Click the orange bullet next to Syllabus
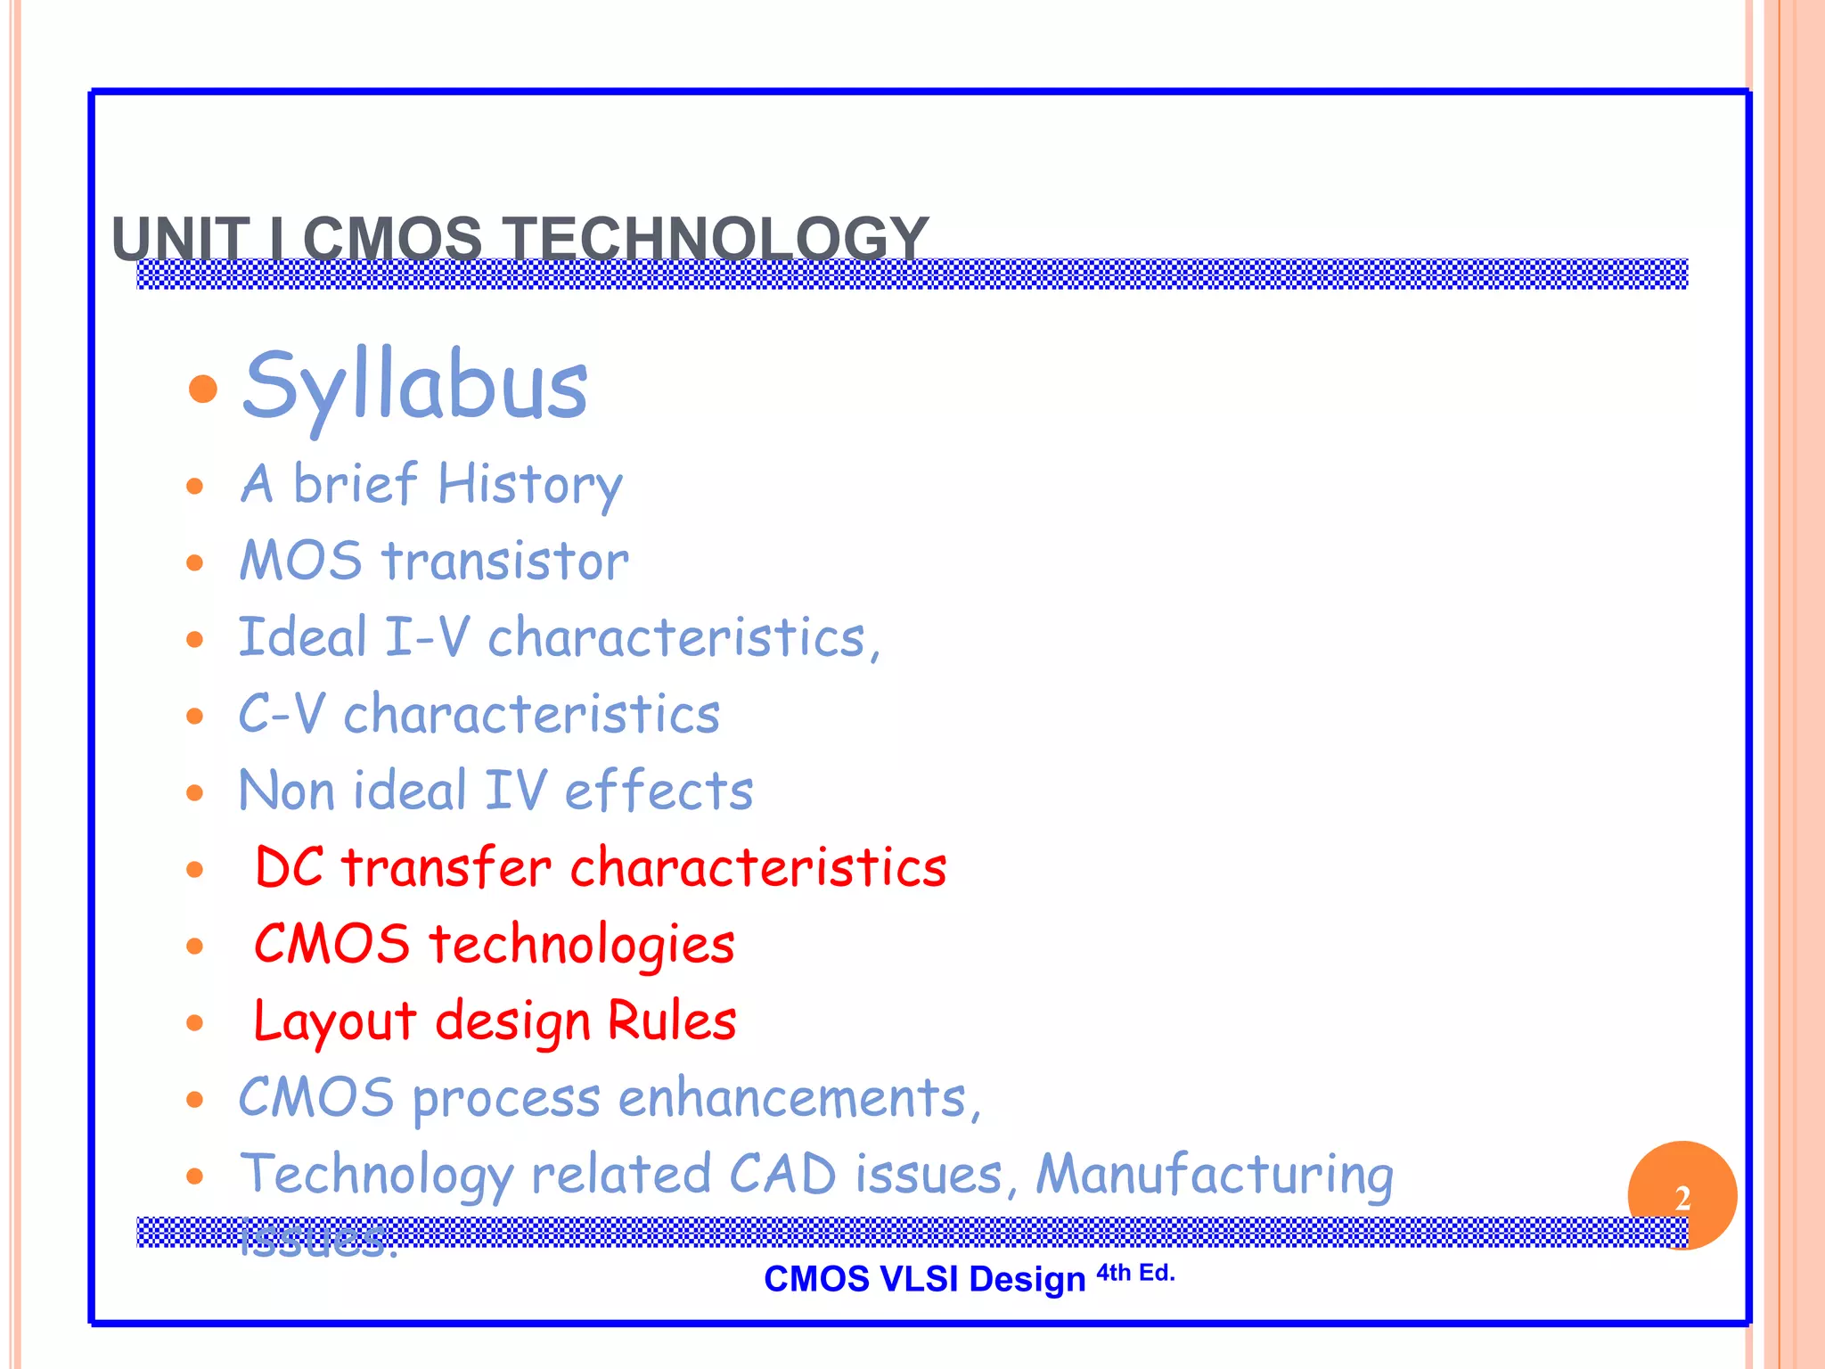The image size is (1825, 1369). tap(204, 389)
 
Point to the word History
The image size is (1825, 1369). tap(529, 486)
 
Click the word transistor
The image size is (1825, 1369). tap(505, 562)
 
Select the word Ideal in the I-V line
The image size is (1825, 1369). tap(303, 637)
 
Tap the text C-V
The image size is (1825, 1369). tap(282, 714)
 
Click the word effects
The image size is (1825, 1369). tap(659, 791)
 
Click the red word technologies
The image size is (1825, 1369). tap(582, 945)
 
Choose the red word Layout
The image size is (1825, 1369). tap(335, 1021)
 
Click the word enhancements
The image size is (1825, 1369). tap(793, 1097)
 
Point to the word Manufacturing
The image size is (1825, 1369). tap(1215, 1175)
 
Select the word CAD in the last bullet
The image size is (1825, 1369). tap(782, 1174)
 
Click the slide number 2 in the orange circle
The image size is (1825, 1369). tap(1682, 1198)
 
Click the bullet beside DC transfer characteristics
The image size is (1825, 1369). tap(195, 869)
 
